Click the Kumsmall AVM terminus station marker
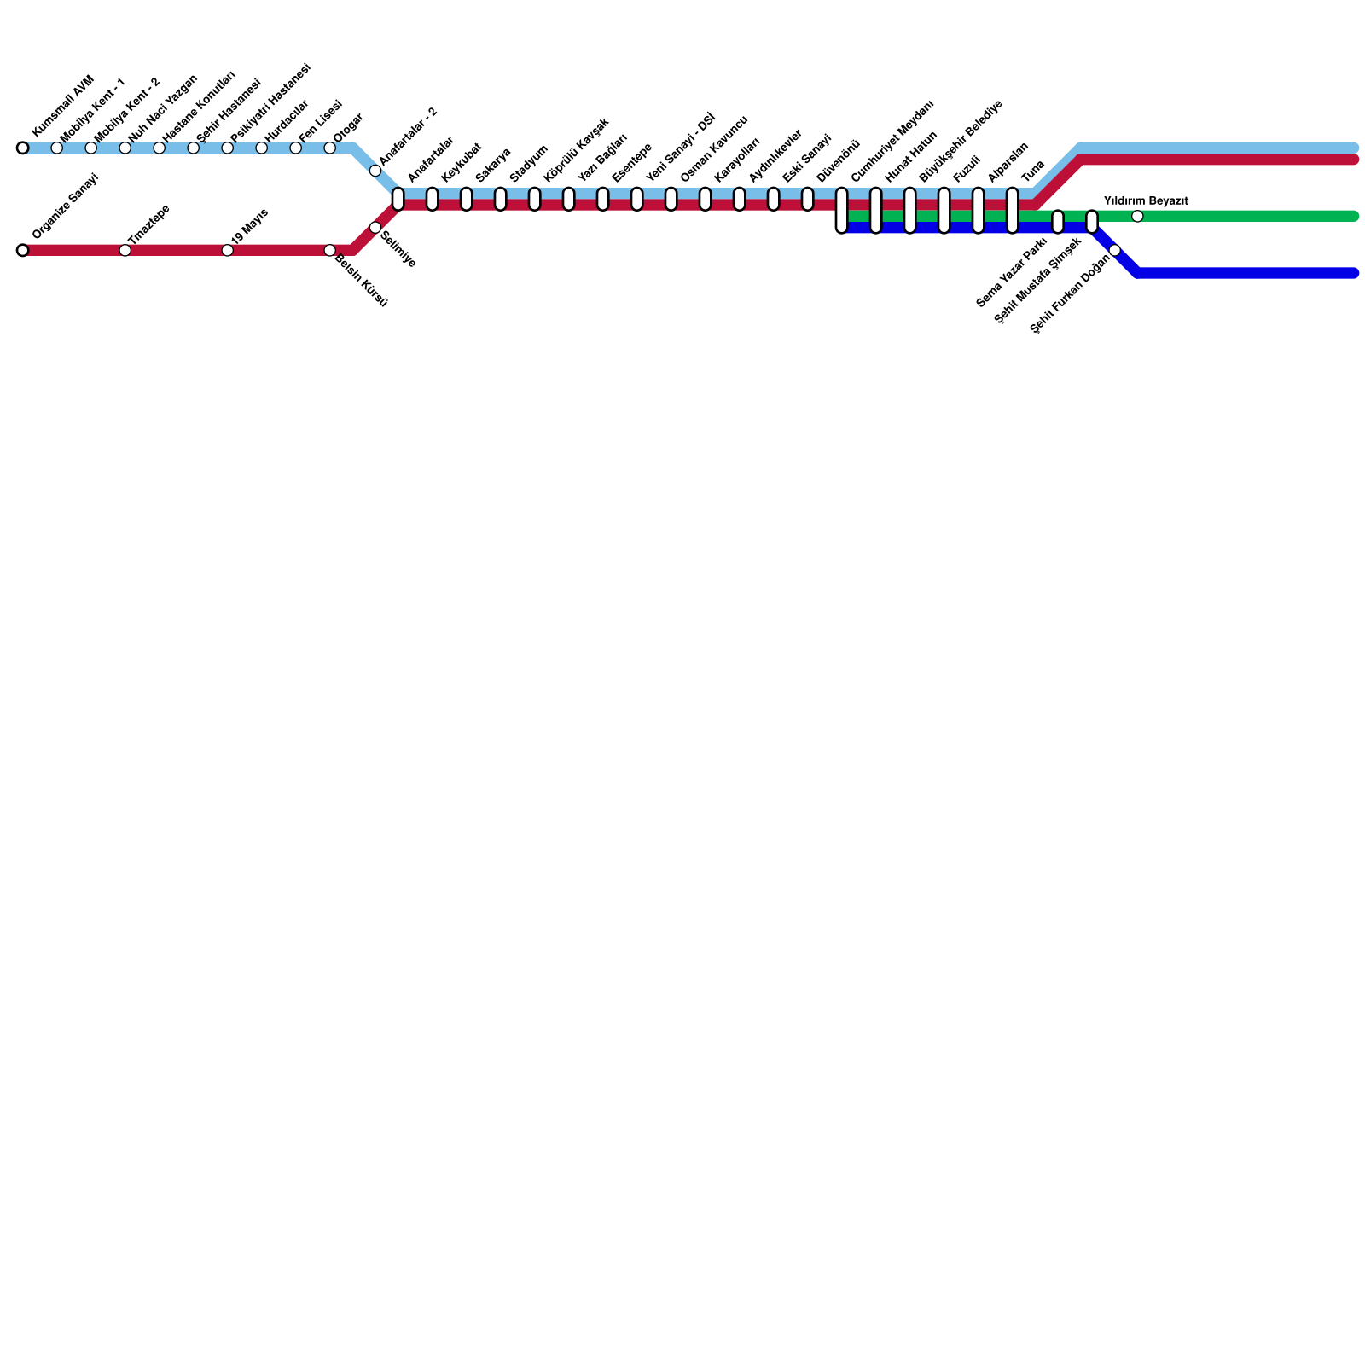[22, 148]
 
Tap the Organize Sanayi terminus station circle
[22, 251]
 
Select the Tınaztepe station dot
[125, 251]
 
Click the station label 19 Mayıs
[250, 226]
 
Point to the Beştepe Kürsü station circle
[330, 251]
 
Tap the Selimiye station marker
[375, 228]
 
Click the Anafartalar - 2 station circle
[375, 171]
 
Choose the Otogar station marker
[330, 148]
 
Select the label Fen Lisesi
[321, 120]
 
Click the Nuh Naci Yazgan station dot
[125, 148]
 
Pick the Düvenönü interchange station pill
[842, 211]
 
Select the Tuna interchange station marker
[1013, 211]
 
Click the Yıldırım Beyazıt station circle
[1137, 217]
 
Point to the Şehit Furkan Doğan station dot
[1115, 251]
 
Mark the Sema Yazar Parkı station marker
[1058, 222]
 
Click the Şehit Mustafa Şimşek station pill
[1092, 222]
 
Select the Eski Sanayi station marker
[808, 199]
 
